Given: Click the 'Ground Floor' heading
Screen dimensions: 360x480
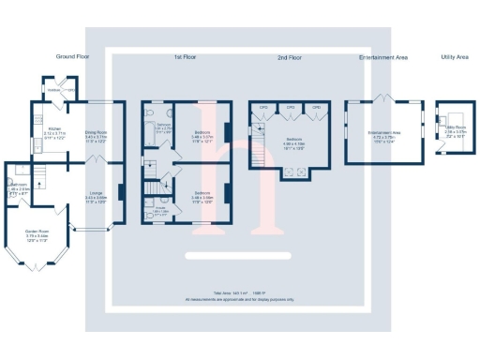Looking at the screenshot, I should coord(72,57).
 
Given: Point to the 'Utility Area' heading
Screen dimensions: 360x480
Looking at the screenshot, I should coord(454,57).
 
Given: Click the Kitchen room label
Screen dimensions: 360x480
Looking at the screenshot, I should coord(55,133).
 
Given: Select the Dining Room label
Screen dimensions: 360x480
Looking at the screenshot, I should coord(97,134).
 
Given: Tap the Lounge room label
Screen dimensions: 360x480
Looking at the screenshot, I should coord(97,198).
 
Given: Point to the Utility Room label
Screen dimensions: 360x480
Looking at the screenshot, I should coord(456,132).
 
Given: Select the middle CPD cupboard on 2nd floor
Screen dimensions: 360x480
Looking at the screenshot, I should coord(292,108).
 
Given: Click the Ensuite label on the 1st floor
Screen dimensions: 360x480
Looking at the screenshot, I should coord(161,213).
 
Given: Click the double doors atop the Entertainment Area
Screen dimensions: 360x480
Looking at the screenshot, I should coord(382,97).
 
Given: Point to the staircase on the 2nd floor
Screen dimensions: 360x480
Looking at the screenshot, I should coord(253,142).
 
